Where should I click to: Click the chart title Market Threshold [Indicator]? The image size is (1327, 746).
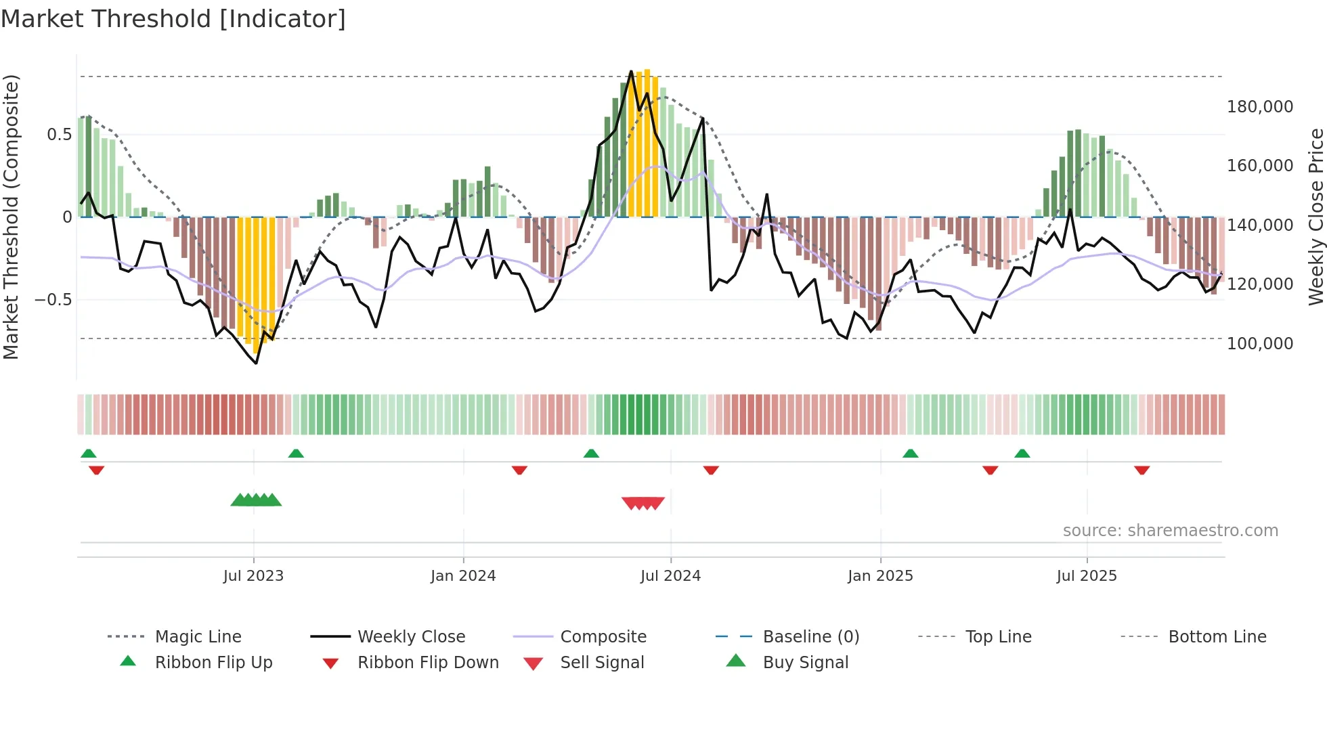click(173, 19)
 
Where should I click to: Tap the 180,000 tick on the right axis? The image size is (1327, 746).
click(1259, 107)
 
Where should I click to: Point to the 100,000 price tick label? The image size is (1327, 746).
click(1259, 344)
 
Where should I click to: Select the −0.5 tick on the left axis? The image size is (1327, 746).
click(53, 299)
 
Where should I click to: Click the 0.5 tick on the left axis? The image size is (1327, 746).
click(59, 135)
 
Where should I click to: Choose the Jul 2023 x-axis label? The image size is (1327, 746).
click(253, 576)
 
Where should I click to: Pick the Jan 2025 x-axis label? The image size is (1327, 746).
click(880, 576)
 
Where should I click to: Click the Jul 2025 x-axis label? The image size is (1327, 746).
click(1086, 576)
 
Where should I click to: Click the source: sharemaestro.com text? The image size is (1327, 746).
click(1170, 531)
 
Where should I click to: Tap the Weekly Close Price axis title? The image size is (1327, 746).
click(1315, 217)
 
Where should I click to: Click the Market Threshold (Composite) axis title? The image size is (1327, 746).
click(11, 217)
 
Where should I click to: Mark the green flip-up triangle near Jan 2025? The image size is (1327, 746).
click(910, 454)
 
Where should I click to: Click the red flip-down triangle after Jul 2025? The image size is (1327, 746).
click(1141, 470)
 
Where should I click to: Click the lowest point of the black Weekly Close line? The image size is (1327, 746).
click(256, 364)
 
